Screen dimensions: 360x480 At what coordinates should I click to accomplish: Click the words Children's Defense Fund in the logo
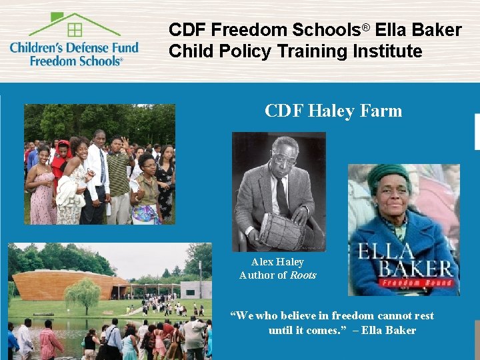(74, 47)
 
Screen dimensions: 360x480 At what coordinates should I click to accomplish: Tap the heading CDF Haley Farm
(333, 110)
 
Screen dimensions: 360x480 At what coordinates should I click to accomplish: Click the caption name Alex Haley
(277, 262)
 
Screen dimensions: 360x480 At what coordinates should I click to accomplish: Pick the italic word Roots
(303, 275)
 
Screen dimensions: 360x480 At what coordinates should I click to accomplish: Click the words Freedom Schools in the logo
(75, 61)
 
